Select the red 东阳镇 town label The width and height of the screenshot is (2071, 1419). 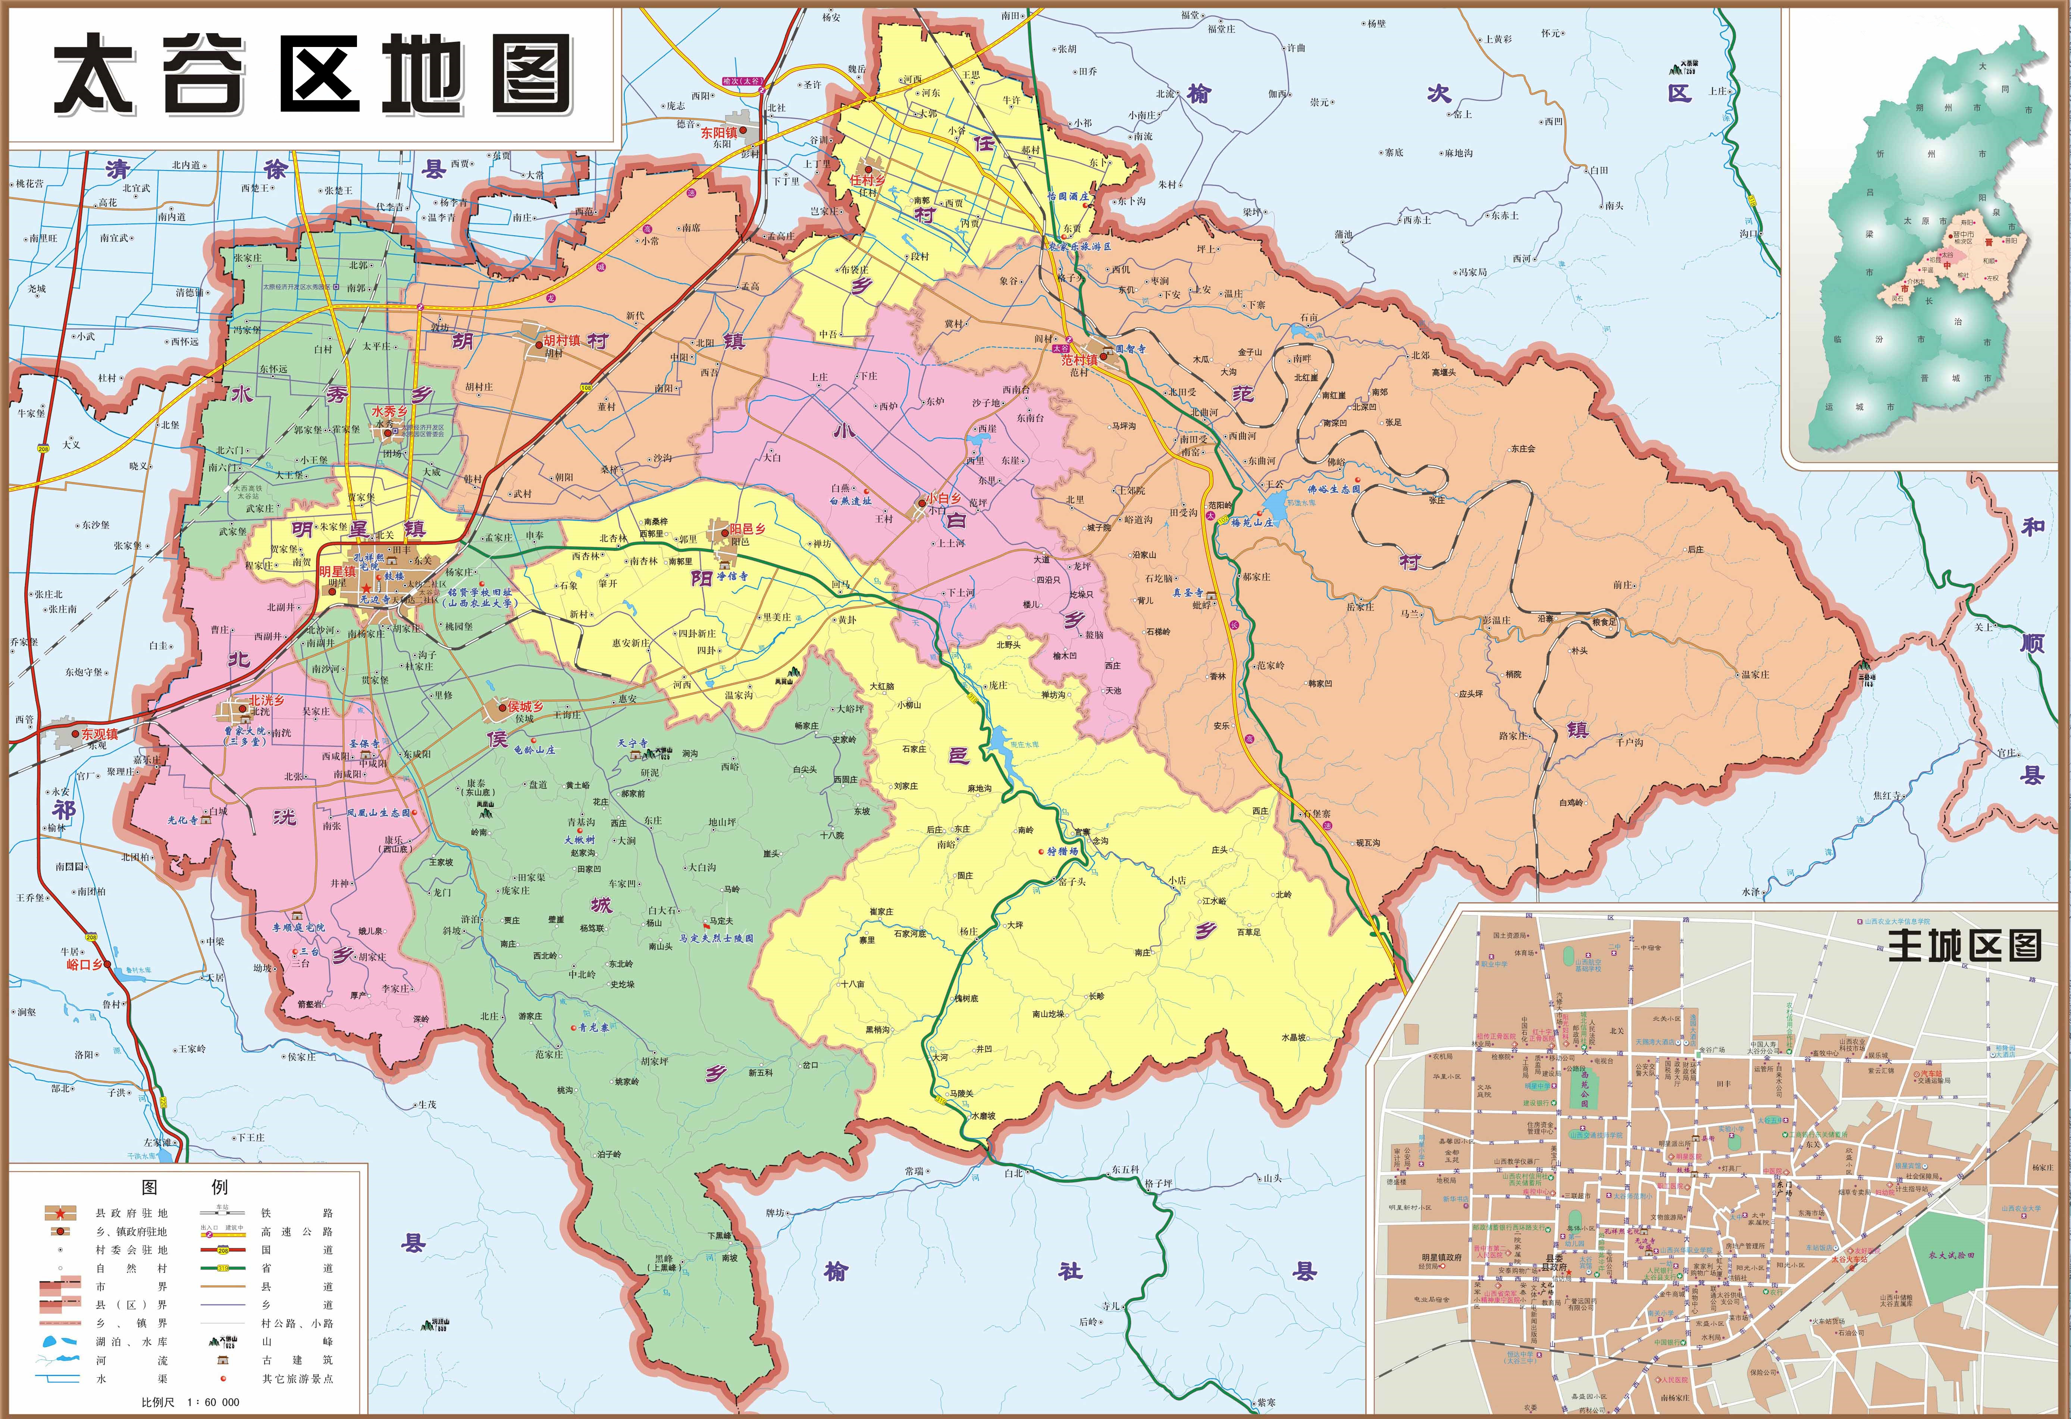coord(718,133)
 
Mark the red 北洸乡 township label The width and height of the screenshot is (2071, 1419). coord(266,701)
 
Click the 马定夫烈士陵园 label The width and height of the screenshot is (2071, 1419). coord(715,938)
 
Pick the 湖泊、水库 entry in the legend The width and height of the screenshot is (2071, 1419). coord(132,1341)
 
